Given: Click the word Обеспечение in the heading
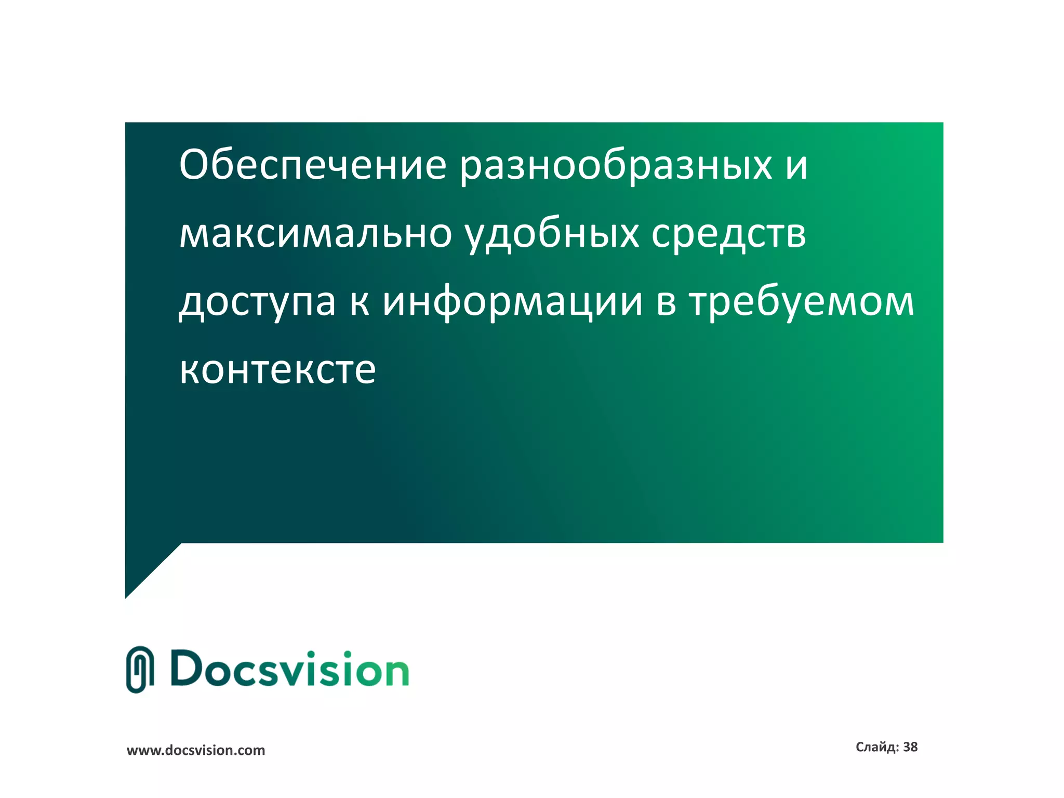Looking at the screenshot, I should coord(312,165).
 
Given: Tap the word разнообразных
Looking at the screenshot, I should coord(616,165).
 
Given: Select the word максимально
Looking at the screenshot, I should coord(315,234).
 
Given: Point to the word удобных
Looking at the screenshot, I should coord(551,234).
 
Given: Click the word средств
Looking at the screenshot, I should coord(728,234).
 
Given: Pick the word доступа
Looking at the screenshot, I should coord(257,302).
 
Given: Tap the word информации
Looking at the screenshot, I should coord(513,302).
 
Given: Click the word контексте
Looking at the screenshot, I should coord(277,370).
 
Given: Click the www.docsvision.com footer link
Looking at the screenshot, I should coord(196,750).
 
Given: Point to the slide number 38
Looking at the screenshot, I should coord(910,747).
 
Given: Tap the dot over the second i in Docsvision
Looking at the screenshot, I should coord(345,654).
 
